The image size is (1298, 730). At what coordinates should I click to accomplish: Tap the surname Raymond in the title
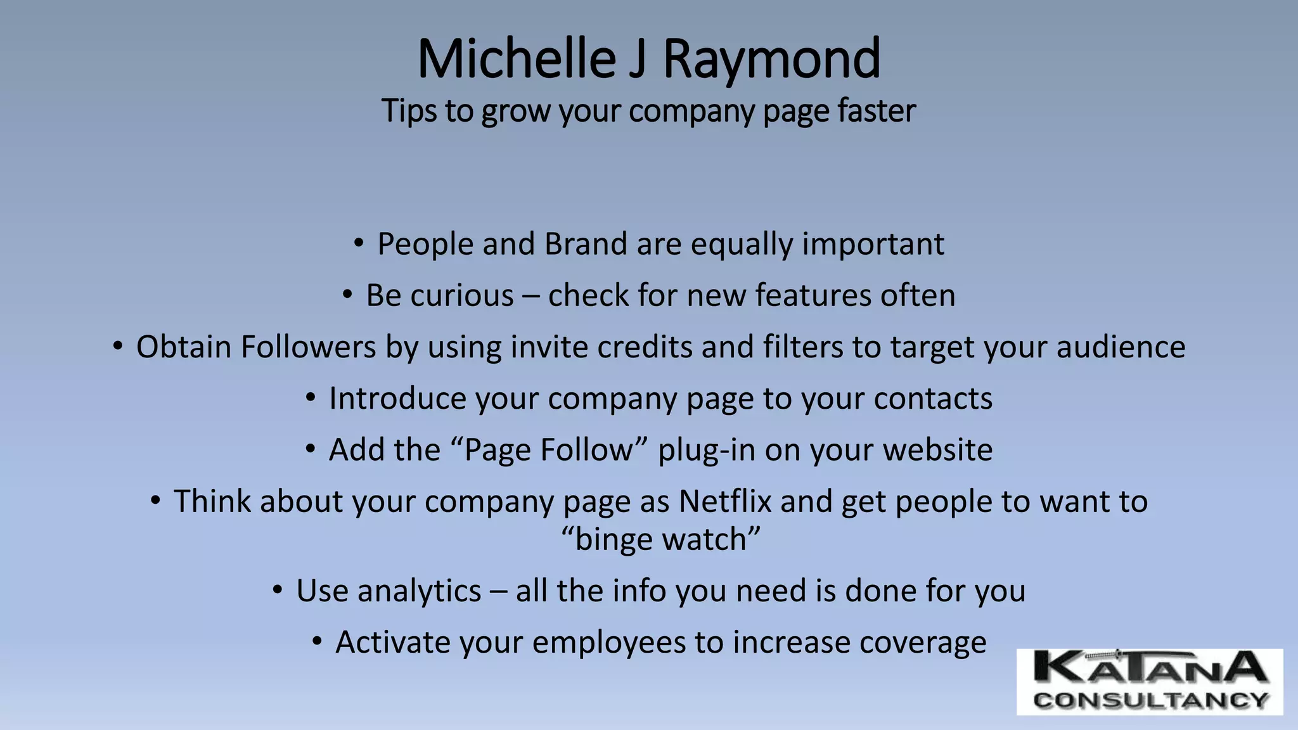pos(771,59)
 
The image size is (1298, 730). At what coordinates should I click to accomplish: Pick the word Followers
pos(309,347)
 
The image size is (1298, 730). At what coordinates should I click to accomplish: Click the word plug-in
pos(706,451)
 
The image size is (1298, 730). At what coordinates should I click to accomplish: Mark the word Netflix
pos(725,501)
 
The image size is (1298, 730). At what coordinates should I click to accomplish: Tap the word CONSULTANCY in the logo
pos(1150,700)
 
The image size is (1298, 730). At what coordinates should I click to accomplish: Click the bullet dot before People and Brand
pos(359,243)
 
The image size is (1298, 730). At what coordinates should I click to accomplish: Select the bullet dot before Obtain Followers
pos(118,346)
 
